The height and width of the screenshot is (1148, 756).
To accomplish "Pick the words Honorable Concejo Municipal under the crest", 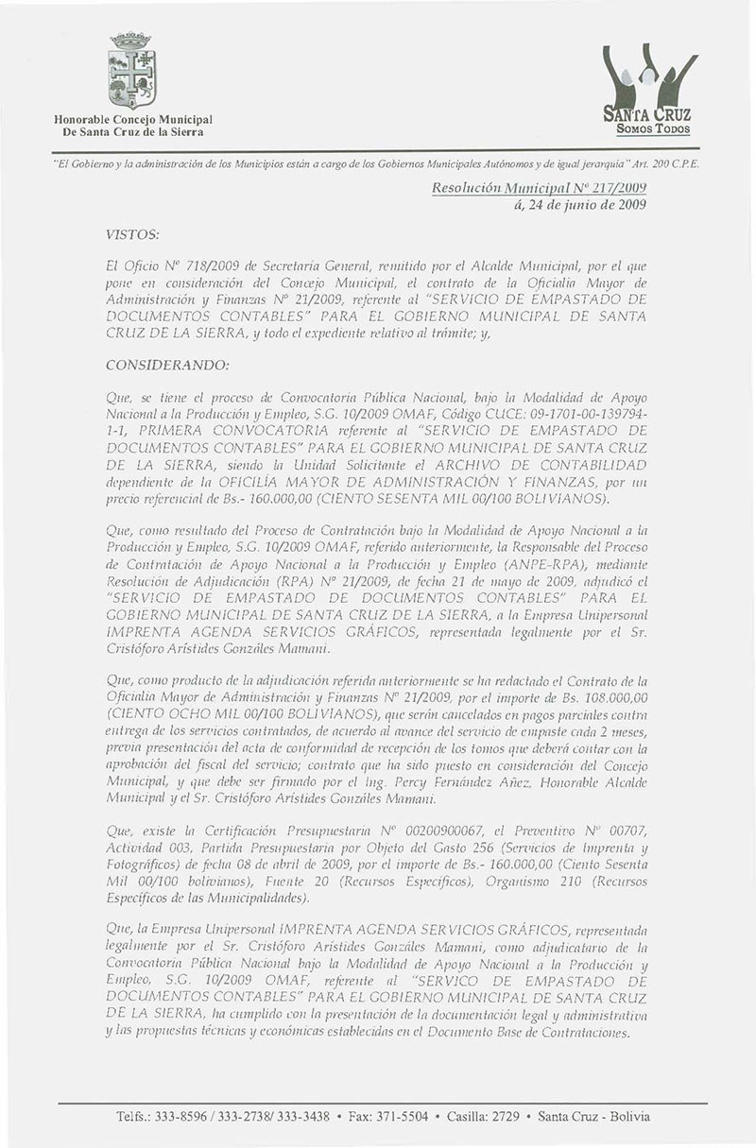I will coord(131,120).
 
